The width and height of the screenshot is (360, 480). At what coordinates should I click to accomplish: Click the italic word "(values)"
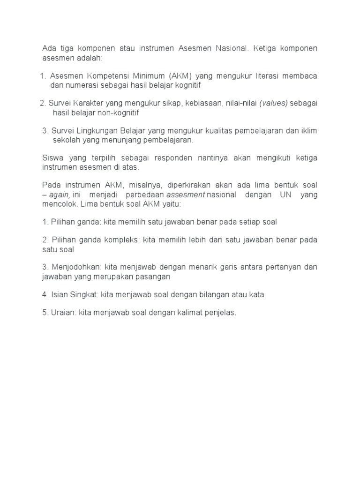[273, 103]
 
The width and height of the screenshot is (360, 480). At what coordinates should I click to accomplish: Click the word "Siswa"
[52, 157]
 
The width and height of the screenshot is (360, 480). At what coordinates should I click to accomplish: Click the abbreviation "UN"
[286, 195]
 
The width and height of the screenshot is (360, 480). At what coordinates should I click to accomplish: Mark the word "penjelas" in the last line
[220, 313]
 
